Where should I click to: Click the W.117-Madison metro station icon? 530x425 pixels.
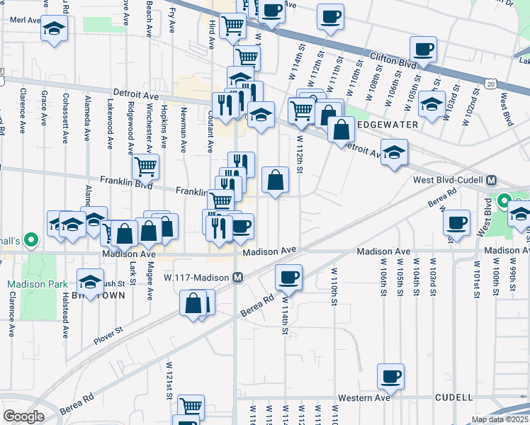pyautogui.click(x=239, y=277)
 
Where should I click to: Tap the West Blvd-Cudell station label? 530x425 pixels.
pyautogui.click(x=449, y=181)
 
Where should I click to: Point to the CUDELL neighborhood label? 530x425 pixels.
pyautogui.click(x=453, y=398)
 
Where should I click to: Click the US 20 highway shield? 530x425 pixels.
pyautogui.click(x=491, y=84)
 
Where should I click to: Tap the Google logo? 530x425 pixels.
pyautogui.click(x=23, y=416)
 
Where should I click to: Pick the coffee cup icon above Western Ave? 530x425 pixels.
pyautogui.click(x=390, y=375)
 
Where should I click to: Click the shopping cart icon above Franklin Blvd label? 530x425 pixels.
pyautogui.click(x=145, y=167)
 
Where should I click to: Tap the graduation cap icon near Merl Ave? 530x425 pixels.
pyautogui.click(x=54, y=29)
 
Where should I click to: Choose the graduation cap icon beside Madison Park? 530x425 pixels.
pyautogui.click(x=90, y=281)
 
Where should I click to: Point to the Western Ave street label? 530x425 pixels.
pyautogui.click(x=363, y=398)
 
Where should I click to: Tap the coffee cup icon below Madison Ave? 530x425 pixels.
pyautogui.click(x=288, y=277)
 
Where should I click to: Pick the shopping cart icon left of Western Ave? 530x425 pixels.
pyautogui.click(x=190, y=407)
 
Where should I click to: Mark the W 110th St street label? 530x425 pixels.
pyautogui.click(x=332, y=287)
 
